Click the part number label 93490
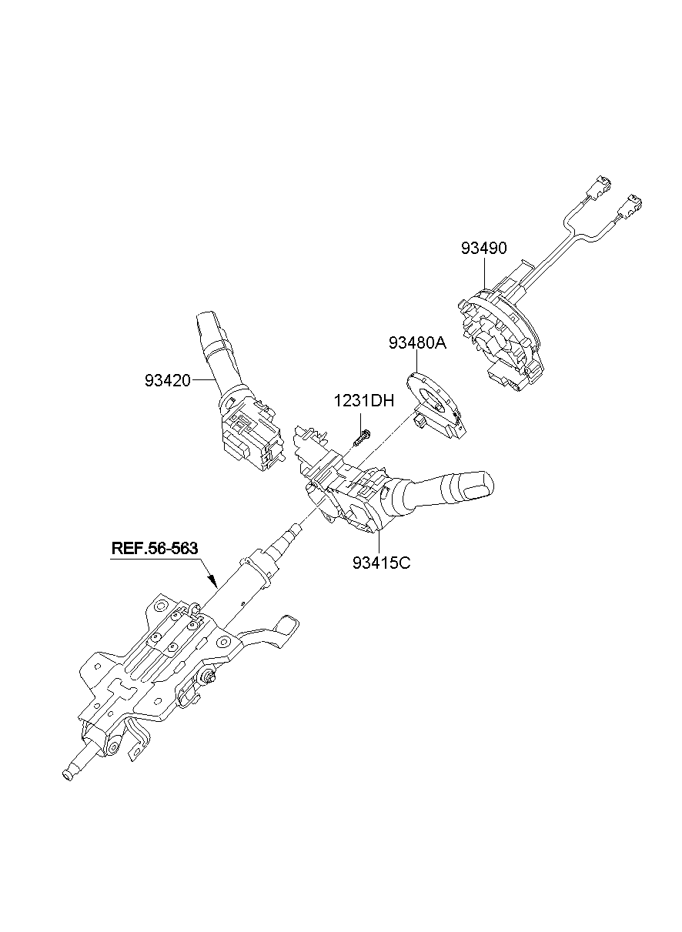(484, 249)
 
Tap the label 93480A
(417, 344)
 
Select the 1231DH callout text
(363, 401)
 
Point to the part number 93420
(167, 379)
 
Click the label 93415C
(382, 563)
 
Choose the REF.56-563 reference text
(155, 549)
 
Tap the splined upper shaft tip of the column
(295, 530)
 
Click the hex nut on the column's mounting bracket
(209, 676)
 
